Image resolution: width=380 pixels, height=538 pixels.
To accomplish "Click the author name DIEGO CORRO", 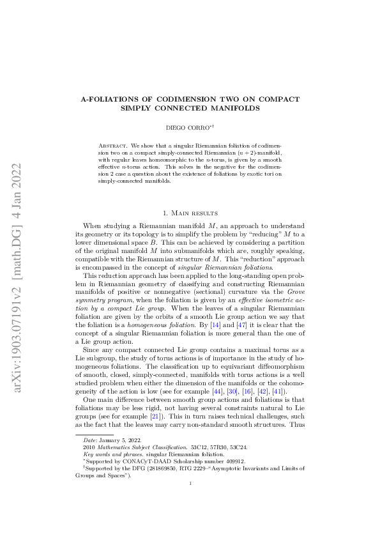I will pos(188,129).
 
